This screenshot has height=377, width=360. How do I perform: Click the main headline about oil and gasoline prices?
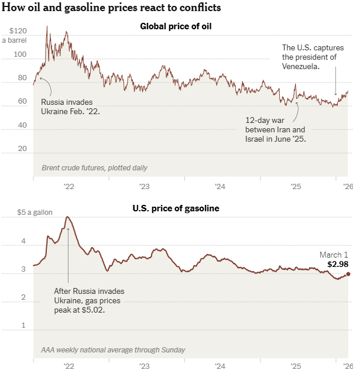tap(112, 8)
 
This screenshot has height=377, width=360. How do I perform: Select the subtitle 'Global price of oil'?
tap(176, 26)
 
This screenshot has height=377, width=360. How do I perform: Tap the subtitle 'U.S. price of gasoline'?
tap(176, 208)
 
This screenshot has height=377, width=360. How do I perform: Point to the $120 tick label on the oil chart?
tap(19, 30)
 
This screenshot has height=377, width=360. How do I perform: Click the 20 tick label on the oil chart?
tap(22, 148)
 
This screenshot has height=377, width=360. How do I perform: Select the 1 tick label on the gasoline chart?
tap(23, 325)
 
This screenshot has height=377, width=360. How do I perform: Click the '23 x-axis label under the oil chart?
tap(144, 187)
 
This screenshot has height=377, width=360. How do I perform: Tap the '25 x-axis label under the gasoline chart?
tap(296, 366)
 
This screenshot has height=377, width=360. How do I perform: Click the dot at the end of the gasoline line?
tap(348, 274)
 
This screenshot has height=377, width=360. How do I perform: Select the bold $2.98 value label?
tap(338, 265)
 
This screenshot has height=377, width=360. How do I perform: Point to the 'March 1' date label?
tap(334, 255)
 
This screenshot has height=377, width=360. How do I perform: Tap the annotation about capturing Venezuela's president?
tap(309, 57)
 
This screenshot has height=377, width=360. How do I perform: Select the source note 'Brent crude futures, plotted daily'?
tap(94, 168)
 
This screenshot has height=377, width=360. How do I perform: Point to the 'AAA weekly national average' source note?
tap(113, 350)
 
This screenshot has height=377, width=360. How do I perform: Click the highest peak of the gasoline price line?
tap(68, 217)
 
